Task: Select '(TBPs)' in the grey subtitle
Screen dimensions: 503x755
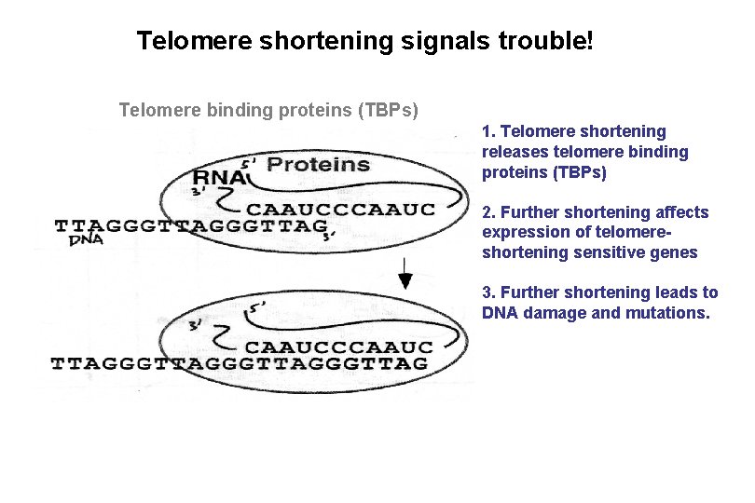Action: [389, 111]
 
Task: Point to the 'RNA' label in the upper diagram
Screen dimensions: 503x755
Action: [219, 178]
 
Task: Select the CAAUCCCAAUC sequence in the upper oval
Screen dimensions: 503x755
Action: [340, 210]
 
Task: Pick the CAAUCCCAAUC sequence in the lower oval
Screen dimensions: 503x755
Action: [340, 347]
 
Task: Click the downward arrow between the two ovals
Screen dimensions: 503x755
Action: [405, 272]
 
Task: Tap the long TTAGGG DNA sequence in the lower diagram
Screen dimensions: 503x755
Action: [240, 363]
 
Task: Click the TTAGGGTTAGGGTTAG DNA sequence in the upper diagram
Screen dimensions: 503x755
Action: [190, 226]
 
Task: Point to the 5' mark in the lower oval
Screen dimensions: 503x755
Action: [257, 304]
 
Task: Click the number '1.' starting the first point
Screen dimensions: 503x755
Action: [488, 131]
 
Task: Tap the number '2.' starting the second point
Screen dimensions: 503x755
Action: [488, 212]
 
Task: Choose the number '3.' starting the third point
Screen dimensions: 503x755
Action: [488, 292]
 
